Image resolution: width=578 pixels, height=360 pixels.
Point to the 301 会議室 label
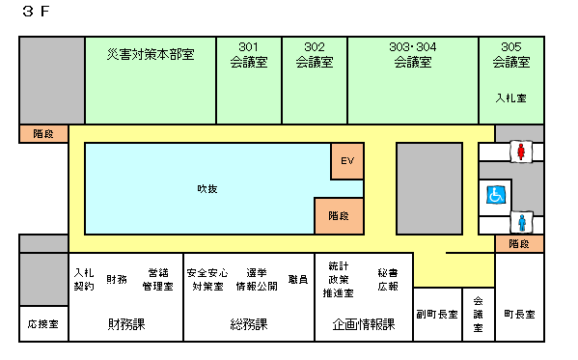pyautogui.click(x=248, y=54)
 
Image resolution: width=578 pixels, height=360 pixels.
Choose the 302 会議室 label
pyautogui.click(x=314, y=54)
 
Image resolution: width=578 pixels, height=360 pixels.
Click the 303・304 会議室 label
pyautogui.click(x=412, y=54)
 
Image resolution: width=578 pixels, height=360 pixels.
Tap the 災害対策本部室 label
pyautogui.click(x=151, y=54)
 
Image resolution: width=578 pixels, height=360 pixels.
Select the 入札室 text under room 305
pyautogui.click(x=510, y=97)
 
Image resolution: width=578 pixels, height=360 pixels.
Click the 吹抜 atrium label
pyautogui.click(x=207, y=188)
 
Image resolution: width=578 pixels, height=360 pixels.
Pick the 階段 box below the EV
pyautogui.click(x=338, y=216)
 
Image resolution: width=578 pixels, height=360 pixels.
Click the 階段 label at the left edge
pyautogui.click(x=43, y=134)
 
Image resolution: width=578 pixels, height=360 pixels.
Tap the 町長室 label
pyautogui.click(x=519, y=315)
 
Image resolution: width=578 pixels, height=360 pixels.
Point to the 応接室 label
pyautogui.click(x=42, y=323)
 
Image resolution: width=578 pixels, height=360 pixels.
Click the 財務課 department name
pyautogui.click(x=126, y=324)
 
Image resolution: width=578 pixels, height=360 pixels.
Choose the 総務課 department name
pyautogui.click(x=249, y=324)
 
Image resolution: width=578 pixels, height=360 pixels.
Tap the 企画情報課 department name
pyautogui.click(x=363, y=324)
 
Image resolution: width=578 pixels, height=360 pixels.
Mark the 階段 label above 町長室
pyautogui.click(x=519, y=245)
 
